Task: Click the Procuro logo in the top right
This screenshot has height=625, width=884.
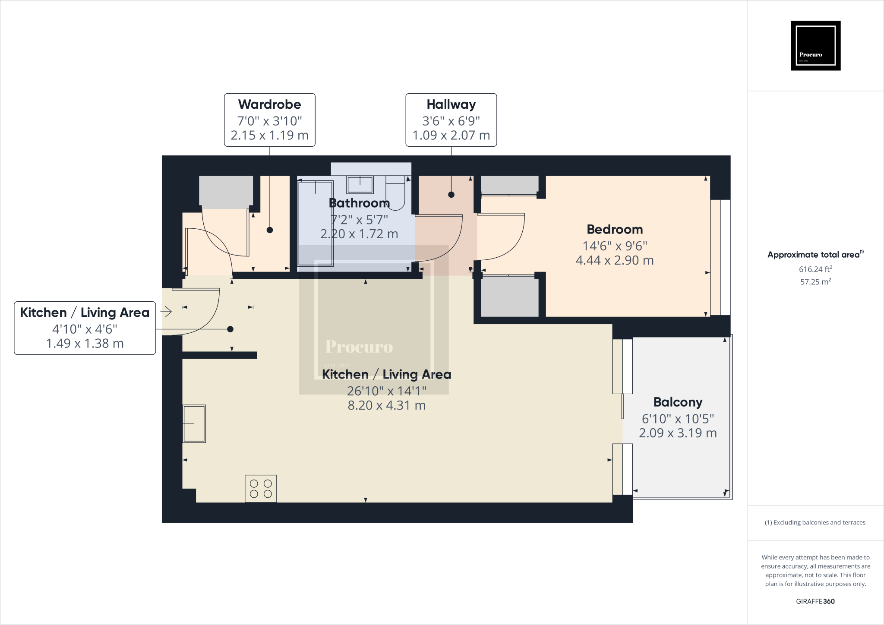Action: pos(815,45)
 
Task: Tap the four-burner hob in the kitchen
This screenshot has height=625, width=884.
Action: pos(261,489)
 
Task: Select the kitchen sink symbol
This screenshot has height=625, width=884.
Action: pos(194,423)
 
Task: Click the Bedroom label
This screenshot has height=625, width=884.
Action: pos(615,229)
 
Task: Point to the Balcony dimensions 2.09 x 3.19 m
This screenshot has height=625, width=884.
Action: pos(678,433)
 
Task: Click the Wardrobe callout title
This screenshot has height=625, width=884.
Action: pos(269,104)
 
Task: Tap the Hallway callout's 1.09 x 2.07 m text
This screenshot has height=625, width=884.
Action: pos(451,136)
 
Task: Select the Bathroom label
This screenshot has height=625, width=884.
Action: pos(359,203)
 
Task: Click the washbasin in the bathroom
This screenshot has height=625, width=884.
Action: pos(360,185)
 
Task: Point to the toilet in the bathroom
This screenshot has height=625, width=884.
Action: pos(395,192)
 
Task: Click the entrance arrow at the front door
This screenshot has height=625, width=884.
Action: pos(166,311)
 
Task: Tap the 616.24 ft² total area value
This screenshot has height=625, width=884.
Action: pos(815,269)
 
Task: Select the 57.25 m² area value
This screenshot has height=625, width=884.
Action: pos(815,282)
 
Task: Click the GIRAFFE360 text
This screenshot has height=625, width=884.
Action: pos(815,601)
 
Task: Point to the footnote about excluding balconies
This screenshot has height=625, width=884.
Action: pos(815,523)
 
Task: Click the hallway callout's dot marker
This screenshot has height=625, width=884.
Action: pos(451,195)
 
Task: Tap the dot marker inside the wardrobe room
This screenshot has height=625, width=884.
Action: pos(270,230)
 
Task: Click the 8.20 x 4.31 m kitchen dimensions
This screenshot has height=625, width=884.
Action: pos(387,406)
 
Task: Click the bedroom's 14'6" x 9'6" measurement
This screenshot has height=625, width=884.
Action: pos(615,246)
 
